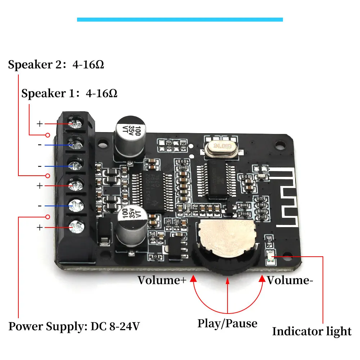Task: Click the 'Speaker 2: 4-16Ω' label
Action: [x=56, y=65]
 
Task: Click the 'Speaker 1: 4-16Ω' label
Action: [x=69, y=94]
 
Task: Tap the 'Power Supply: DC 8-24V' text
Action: [x=74, y=327]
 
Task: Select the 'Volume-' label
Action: [x=288, y=280]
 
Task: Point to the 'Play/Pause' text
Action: [x=227, y=323]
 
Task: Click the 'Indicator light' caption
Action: [x=311, y=331]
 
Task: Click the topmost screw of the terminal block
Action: [x=75, y=124]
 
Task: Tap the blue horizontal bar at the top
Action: [x=180, y=19]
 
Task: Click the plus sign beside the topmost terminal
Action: [x=40, y=124]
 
